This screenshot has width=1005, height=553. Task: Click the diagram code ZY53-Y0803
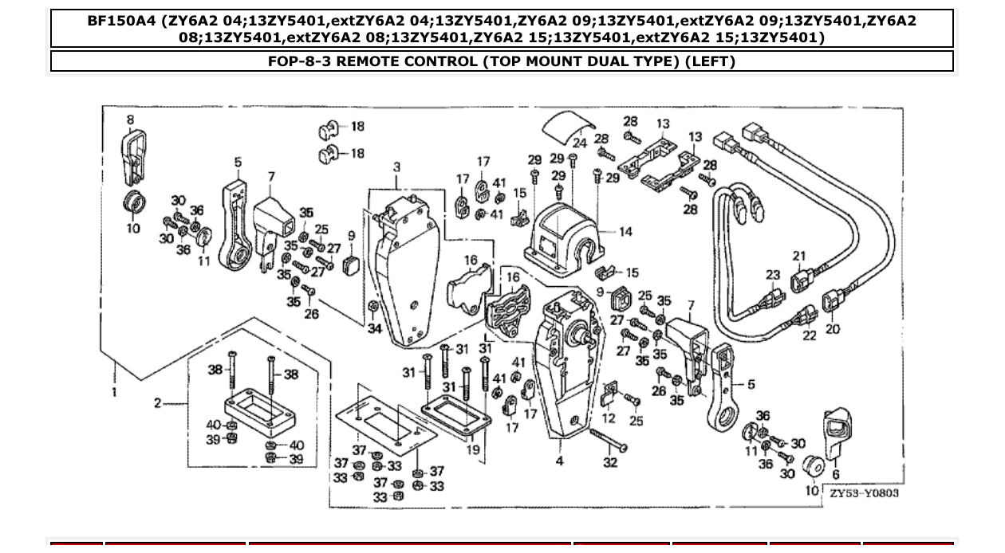863,493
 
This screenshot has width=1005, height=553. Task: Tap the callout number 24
580,143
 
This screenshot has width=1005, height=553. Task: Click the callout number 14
625,232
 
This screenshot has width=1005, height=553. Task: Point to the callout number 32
610,462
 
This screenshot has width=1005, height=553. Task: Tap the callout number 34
374,328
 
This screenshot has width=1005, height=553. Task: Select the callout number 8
130,120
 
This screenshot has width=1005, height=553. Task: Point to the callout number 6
835,475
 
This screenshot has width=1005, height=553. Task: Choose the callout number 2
157,403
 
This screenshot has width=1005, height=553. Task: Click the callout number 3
396,167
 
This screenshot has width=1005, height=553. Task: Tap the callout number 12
609,418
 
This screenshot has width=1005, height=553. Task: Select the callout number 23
772,275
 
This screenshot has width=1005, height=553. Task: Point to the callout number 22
810,335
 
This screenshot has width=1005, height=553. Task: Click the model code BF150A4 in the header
121,21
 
